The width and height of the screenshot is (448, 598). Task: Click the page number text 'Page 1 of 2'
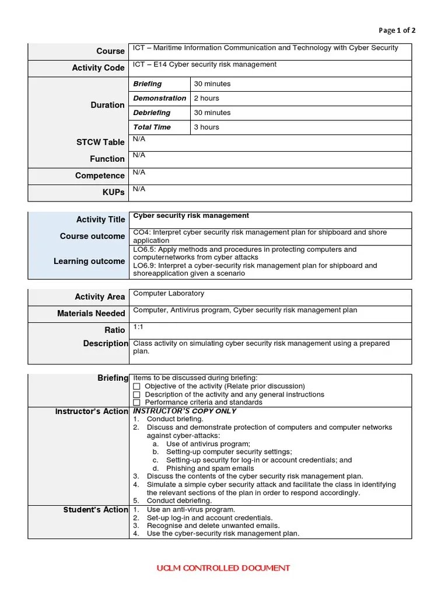397,30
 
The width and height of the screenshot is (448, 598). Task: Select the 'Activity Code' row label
98,68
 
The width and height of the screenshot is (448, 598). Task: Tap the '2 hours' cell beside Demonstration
206,98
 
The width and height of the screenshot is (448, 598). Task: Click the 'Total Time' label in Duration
152,127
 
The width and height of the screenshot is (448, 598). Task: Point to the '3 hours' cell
206,127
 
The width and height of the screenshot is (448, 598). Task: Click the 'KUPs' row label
114,192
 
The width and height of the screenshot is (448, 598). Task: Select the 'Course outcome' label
92,236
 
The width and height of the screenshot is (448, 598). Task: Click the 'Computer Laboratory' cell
169,294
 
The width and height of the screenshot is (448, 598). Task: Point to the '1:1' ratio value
138,327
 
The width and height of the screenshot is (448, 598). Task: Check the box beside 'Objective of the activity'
137,387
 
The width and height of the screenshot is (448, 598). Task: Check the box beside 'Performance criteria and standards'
137,402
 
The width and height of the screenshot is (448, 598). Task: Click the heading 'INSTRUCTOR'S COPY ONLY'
185,411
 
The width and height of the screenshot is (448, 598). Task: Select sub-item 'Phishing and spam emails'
210,468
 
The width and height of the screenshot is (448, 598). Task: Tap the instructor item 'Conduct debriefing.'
179,500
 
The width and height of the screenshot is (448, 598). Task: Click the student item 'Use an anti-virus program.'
191,510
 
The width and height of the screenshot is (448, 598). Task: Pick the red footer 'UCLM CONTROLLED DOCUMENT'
223,568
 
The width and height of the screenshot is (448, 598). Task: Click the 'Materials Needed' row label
91,314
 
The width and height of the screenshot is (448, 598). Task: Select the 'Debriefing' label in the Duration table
152,113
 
